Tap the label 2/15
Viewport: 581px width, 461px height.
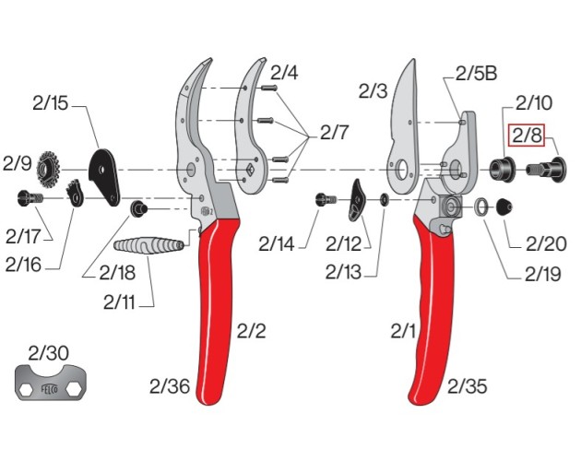48,104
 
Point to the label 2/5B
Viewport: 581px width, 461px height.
478,75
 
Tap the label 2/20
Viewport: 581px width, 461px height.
546,244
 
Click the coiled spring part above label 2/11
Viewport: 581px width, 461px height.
148,247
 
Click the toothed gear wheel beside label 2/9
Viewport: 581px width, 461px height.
49,169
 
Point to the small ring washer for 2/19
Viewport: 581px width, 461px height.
482,207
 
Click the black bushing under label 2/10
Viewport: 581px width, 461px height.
504,169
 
